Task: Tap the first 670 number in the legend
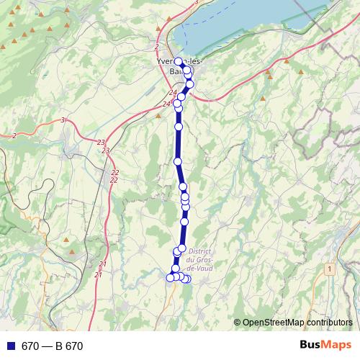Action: (x=30, y=346)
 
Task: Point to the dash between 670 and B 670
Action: (x=46, y=346)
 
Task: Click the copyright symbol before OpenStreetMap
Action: (x=238, y=323)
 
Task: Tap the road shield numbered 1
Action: (x=330, y=269)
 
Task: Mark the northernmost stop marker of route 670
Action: (x=179, y=61)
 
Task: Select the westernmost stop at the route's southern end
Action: (x=171, y=277)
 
